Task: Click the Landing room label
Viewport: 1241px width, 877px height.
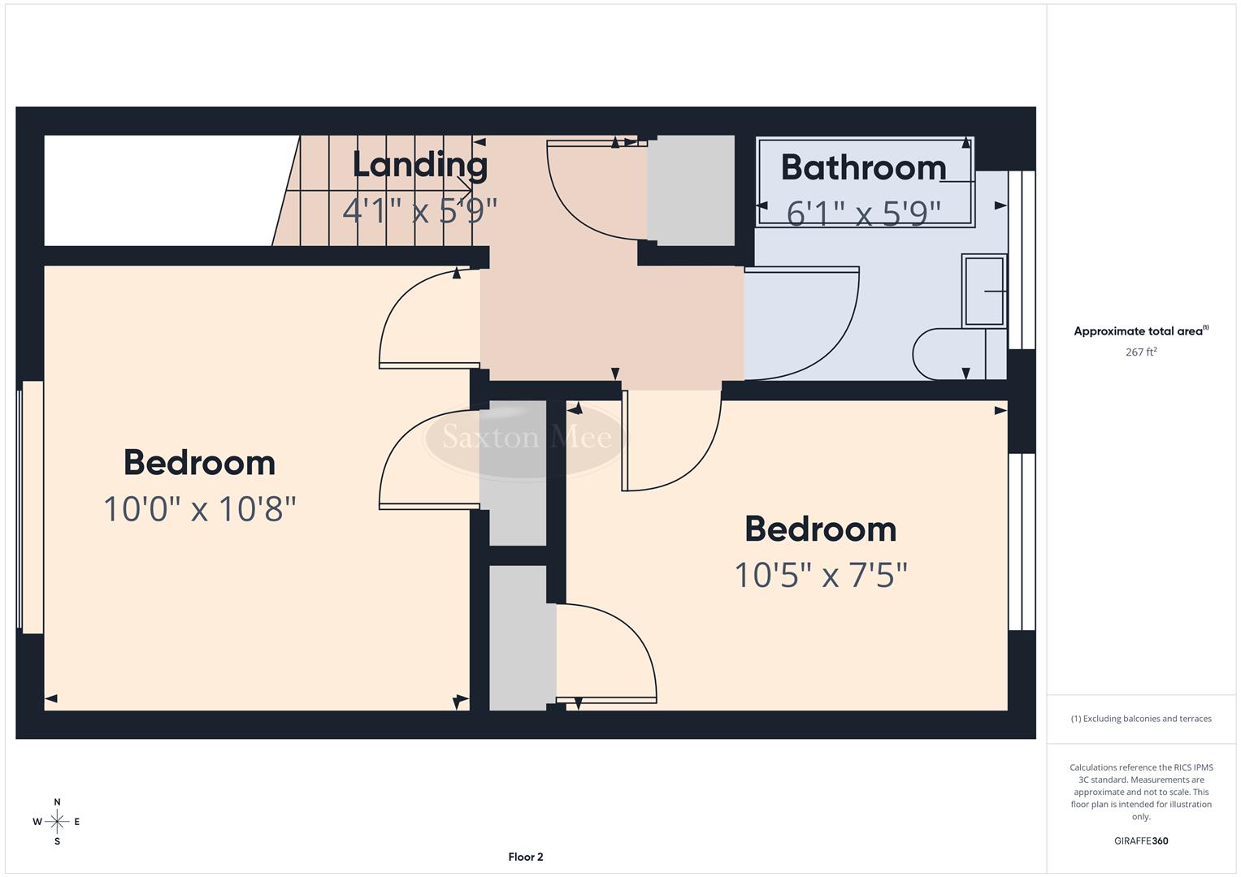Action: click(419, 165)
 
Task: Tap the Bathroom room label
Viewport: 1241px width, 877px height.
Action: click(863, 168)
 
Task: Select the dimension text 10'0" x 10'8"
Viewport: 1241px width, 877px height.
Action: click(200, 510)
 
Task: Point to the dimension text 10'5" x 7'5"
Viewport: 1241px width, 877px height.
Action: click(820, 576)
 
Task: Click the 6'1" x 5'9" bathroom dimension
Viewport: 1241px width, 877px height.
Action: click(863, 214)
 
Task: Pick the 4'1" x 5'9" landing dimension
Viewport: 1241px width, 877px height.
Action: click(419, 211)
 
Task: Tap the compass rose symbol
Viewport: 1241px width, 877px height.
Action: click(57, 822)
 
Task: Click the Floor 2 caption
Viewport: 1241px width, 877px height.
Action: click(526, 857)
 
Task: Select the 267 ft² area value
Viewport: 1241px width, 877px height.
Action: click(1141, 352)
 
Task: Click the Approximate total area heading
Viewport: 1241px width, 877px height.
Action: click(1140, 331)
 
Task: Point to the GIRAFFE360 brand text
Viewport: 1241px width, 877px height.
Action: click(1141, 840)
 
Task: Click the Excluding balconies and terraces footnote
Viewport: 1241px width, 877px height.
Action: click(1141, 719)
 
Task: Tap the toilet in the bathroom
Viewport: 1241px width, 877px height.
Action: click(951, 354)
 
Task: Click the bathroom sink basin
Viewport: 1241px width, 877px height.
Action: click(983, 291)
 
